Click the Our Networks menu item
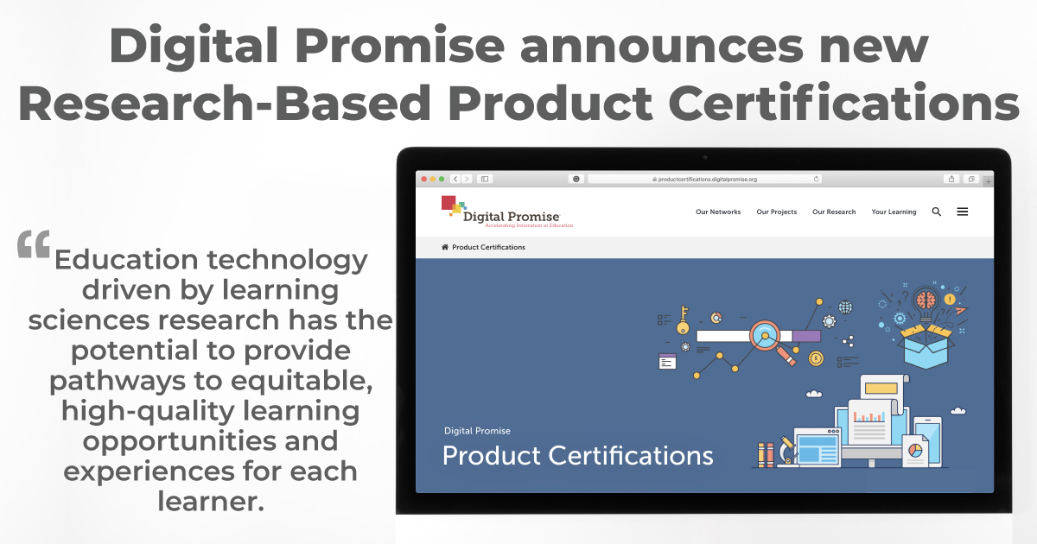pyautogui.click(x=718, y=212)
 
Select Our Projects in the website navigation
pyautogui.click(x=776, y=212)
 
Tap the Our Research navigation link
pyautogui.click(x=834, y=212)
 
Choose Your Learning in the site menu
pyautogui.click(x=894, y=212)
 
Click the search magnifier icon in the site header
pyautogui.click(x=937, y=212)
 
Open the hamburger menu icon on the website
pyautogui.click(x=963, y=212)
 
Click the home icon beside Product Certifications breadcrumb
pyautogui.click(x=445, y=247)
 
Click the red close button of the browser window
pyautogui.click(x=423, y=179)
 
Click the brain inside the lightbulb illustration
pyautogui.click(x=926, y=300)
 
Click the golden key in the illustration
pyautogui.click(x=684, y=316)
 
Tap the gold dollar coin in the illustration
pyautogui.click(x=816, y=357)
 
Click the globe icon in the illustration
pyautogui.click(x=845, y=307)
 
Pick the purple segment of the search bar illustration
pyautogui.click(x=806, y=336)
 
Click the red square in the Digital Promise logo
pyautogui.click(x=449, y=203)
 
